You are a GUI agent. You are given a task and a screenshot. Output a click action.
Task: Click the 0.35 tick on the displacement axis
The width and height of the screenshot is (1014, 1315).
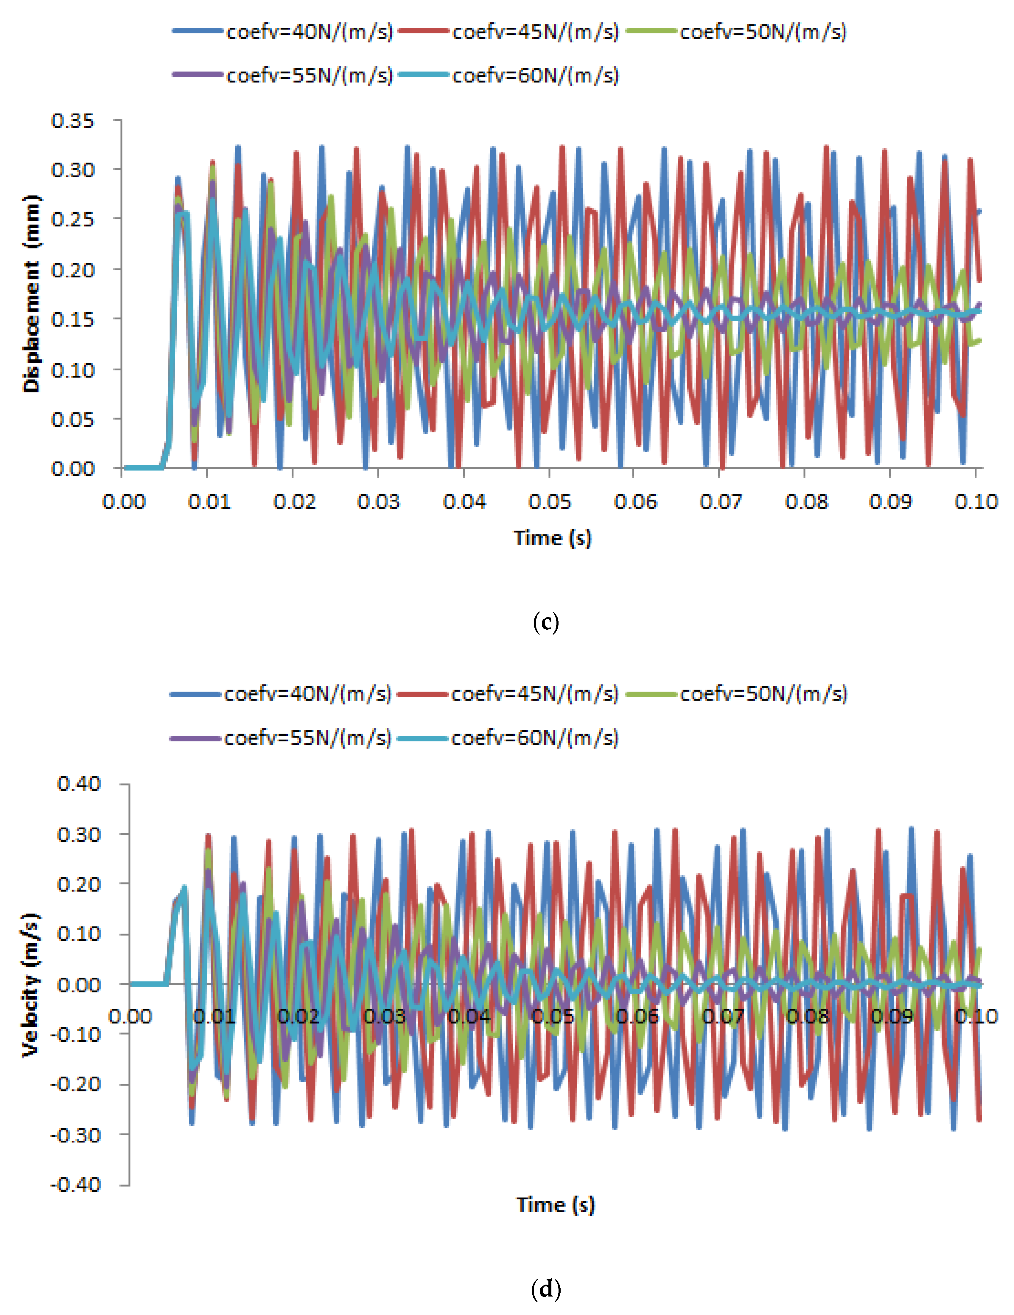pos(73,121)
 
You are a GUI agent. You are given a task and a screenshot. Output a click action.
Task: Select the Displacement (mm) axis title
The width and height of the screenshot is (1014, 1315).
pos(31,294)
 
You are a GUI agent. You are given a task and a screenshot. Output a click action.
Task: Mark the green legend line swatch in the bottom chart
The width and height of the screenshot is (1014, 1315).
pos(651,694)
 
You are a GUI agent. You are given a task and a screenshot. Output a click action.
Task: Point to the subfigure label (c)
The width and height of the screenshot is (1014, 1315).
pos(546,622)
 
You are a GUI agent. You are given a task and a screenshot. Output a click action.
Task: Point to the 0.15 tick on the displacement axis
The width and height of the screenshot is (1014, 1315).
pos(73,319)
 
